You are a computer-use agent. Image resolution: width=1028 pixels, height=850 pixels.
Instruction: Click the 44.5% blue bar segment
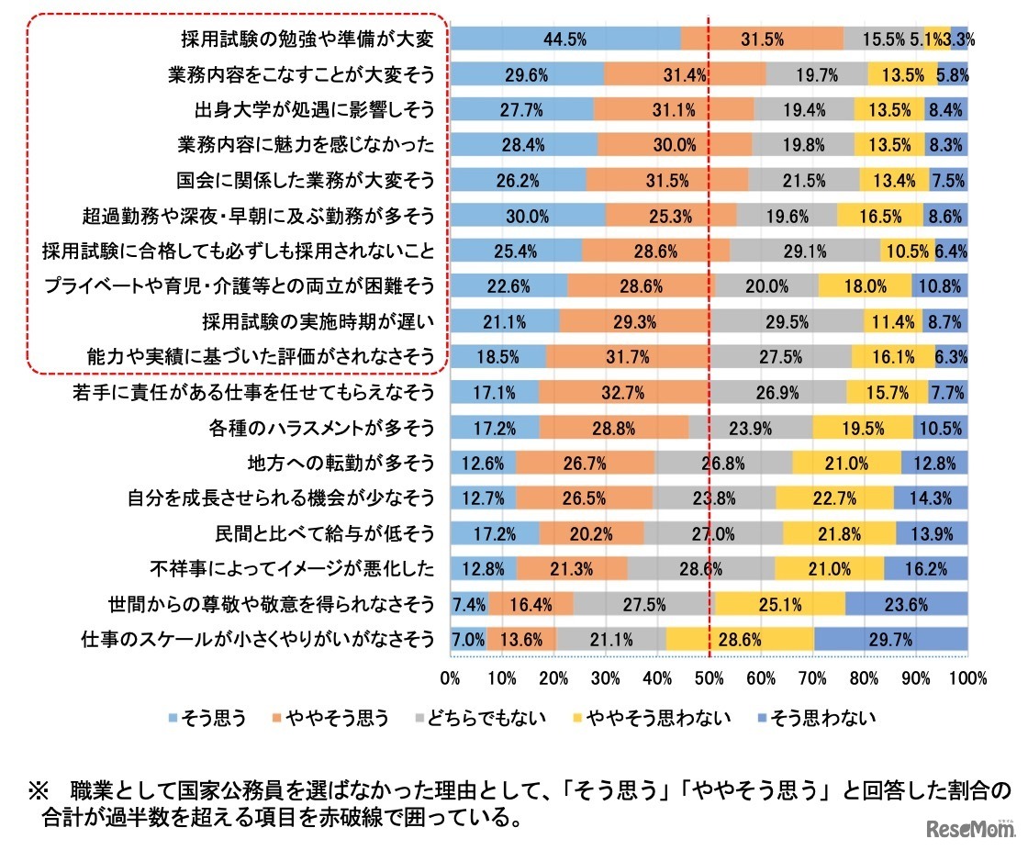point(565,39)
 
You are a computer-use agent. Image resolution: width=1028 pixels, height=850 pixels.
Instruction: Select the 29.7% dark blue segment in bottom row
point(890,639)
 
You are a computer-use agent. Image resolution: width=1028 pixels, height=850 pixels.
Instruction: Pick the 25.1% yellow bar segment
point(780,604)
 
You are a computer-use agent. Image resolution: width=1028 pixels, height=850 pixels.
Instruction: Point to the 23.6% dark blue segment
point(905,604)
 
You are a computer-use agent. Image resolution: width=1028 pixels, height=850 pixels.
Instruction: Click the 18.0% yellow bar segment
point(864,286)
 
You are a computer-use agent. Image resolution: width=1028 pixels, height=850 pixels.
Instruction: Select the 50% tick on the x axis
point(710,679)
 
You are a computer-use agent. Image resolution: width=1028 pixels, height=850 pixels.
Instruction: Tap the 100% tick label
point(969,679)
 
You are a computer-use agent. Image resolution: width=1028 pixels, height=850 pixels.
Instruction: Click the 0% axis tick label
point(451,679)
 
